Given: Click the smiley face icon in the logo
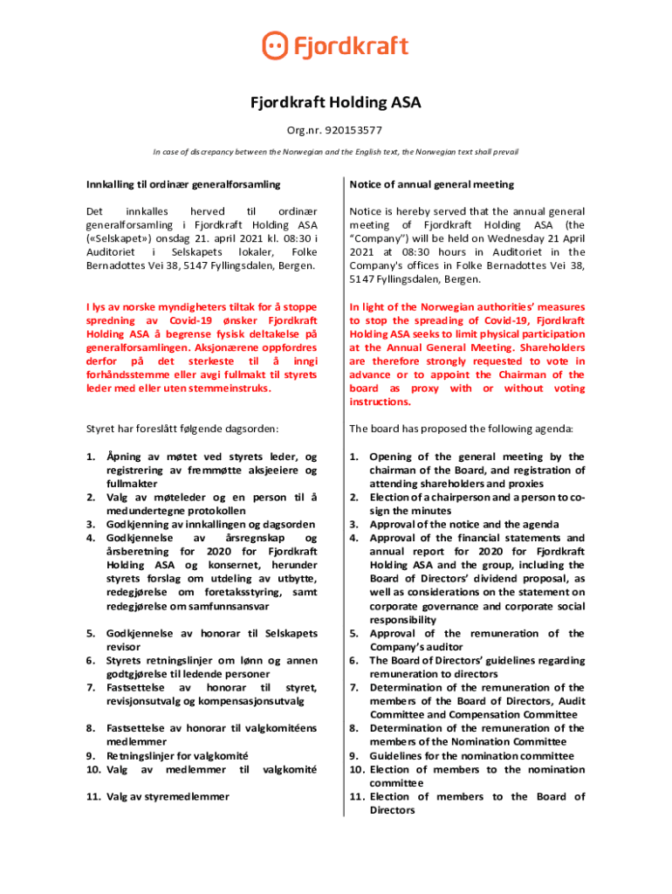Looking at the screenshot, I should coord(276,45).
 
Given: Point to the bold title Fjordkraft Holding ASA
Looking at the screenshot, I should coord(336,103).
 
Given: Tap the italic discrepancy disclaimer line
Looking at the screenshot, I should coord(335,152).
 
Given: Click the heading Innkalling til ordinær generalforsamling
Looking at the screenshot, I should coord(182,184).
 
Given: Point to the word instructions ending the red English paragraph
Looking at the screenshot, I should coord(381,402).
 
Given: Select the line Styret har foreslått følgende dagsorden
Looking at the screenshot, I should coord(182,429).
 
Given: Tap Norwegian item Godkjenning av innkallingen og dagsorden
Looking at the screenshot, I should coord(210,524).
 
